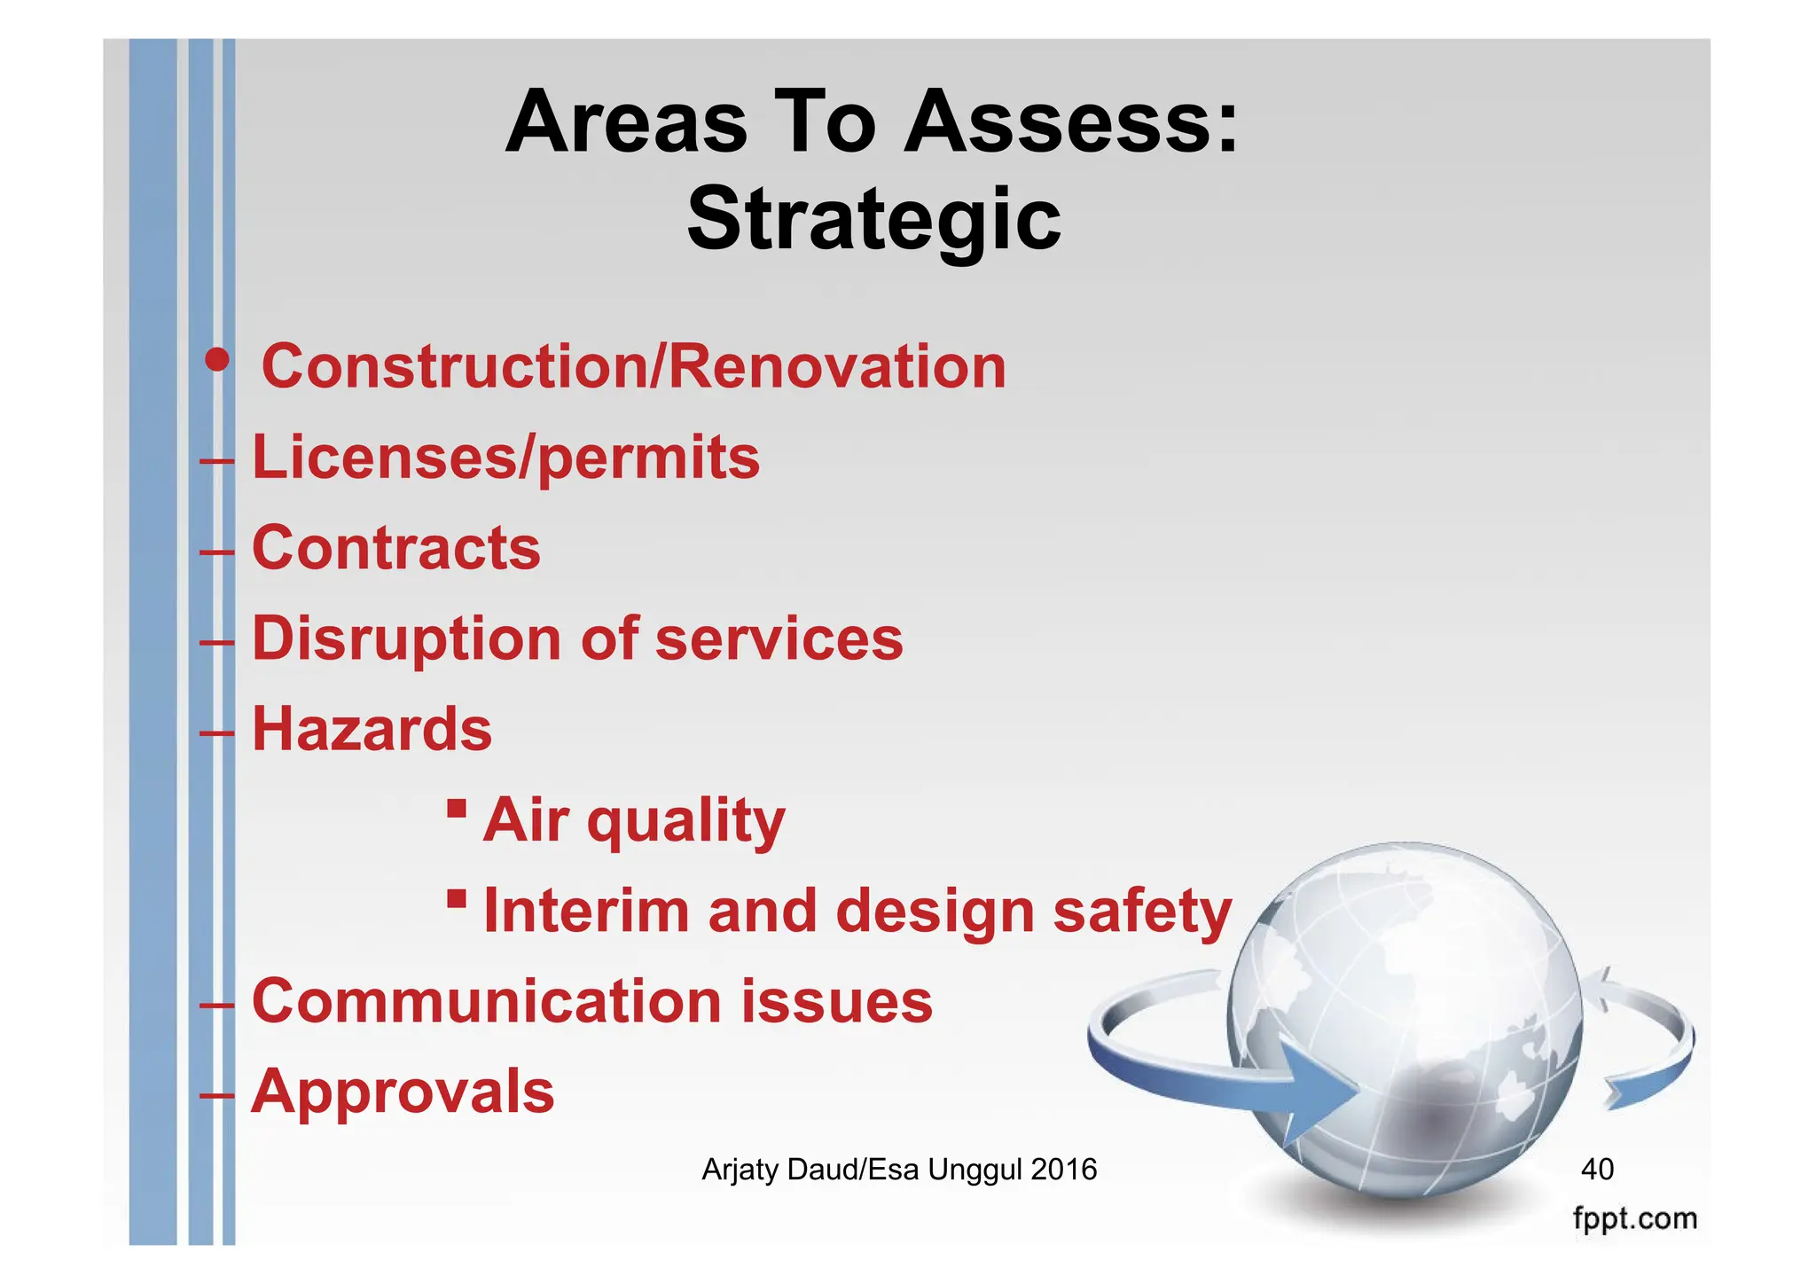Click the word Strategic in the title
tap(873, 220)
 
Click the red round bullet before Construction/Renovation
tap(216, 360)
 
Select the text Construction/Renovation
tap(633, 366)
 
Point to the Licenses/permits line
tap(505, 458)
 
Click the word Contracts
tap(396, 548)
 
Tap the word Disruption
tap(407, 639)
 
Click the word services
tap(779, 639)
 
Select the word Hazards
tap(372, 729)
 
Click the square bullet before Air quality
tap(457, 808)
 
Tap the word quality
tap(685, 821)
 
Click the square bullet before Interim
tap(457, 898)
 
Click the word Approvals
tap(403, 1092)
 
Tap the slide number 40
tap(1597, 1169)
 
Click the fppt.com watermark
tap(1634, 1218)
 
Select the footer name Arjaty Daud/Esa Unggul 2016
tap(899, 1170)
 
